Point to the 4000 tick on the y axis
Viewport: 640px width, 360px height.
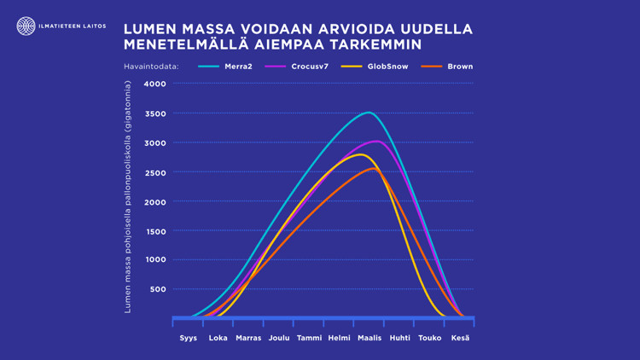[x=155, y=84]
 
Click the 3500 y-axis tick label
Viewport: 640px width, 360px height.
[x=155, y=113]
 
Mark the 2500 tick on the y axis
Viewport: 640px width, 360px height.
[x=155, y=172]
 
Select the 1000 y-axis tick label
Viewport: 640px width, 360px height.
[x=155, y=260]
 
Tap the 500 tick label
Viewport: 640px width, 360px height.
[x=158, y=289]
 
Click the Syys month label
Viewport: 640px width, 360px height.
[x=188, y=338]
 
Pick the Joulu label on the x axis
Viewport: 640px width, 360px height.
[x=279, y=338]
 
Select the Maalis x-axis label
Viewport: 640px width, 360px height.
[x=369, y=338]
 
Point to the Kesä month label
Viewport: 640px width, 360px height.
[x=460, y=338]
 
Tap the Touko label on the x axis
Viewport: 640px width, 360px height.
[x=430, y=338]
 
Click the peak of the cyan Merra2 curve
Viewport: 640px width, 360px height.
[x=368, y=113]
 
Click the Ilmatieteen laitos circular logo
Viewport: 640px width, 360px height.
[x=26, y=26]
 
